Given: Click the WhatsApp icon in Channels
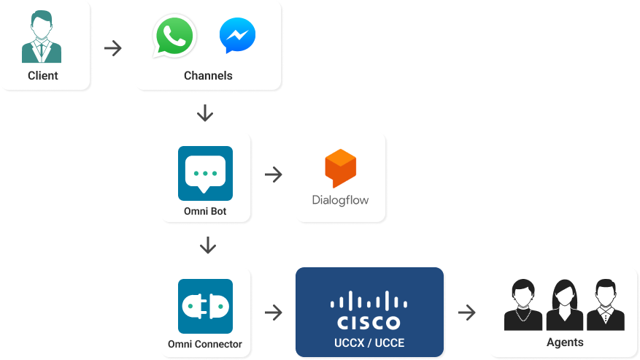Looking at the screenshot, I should (174, 36).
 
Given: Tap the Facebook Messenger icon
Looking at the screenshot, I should (237, 36).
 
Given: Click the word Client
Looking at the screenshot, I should (42, 75).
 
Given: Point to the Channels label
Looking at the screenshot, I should (208, 75).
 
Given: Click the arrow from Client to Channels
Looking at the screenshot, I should (113, 49).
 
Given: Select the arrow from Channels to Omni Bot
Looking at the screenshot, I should (205, 113).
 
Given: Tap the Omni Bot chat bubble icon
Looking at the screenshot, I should (205, 174).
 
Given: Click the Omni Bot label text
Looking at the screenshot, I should (205, 212).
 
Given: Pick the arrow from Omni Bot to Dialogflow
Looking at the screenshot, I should (274, 175).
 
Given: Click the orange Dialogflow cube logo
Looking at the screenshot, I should (340, 167).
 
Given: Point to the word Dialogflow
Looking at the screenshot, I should (340, 199).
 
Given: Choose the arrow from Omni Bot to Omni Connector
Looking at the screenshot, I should (208, 245).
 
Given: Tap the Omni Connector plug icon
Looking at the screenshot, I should (205, 306).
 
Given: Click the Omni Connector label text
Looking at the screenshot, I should (205, 344).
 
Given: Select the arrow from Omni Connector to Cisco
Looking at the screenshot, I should (274, 313).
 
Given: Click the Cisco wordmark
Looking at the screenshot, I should (369, 322).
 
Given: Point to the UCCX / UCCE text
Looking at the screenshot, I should (369, 342).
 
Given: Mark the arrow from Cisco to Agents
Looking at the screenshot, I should (467, 313).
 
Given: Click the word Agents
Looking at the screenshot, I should (565, 342).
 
